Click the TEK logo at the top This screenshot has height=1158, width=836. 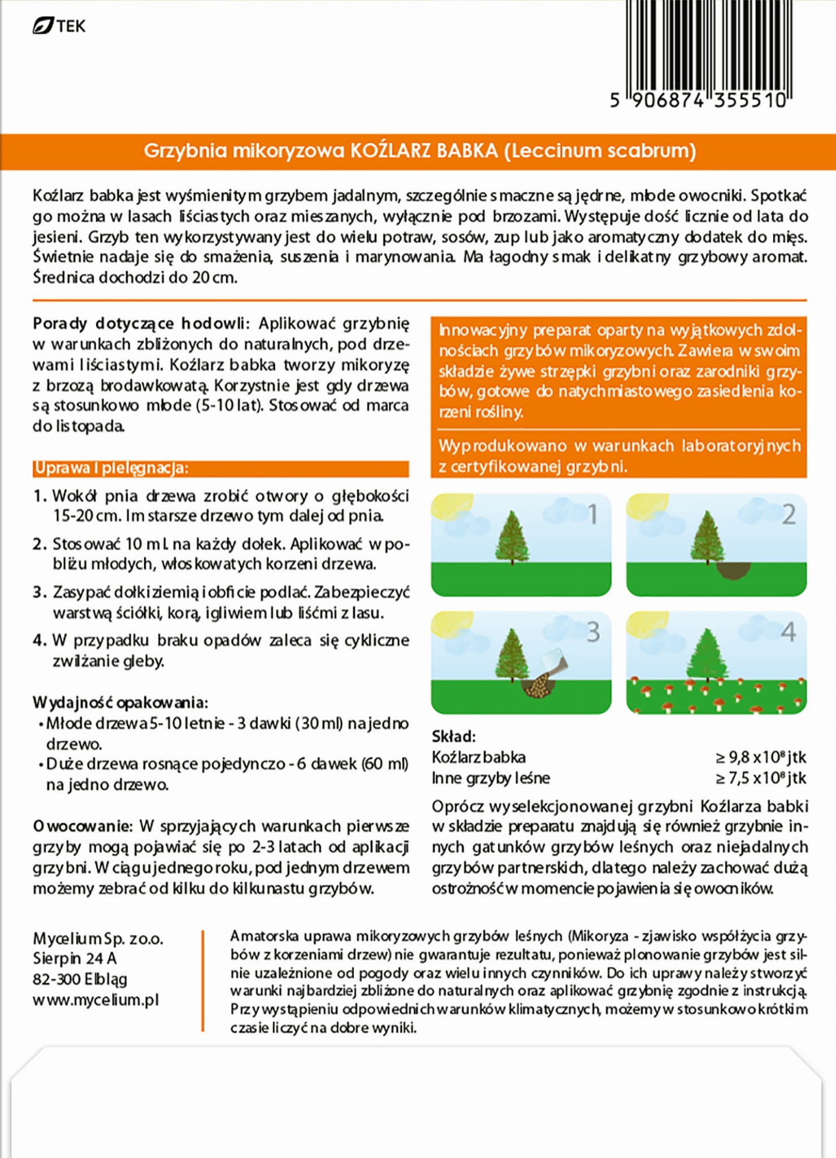[x=59, y=26]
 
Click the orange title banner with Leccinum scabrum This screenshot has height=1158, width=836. [x=418, y=151]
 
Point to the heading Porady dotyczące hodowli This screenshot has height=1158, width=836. [x=140, y=324]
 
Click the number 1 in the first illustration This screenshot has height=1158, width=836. [x=592, y=514]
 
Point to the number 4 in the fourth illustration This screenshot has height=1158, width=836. [x=788, y=632]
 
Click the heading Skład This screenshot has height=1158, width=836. [x=453, y=737]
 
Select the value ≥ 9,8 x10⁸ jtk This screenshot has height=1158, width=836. [x=761, y=757]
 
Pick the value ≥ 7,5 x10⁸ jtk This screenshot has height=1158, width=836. [x=761, y=778]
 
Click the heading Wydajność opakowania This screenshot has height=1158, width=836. [x=120, y=703]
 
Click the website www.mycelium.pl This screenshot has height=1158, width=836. [x=96, y=1000]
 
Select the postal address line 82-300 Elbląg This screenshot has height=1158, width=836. [x=80, y=979]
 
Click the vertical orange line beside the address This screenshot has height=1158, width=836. [x=202, y=980]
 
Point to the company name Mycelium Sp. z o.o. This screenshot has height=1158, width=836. [x=98, y=939]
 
